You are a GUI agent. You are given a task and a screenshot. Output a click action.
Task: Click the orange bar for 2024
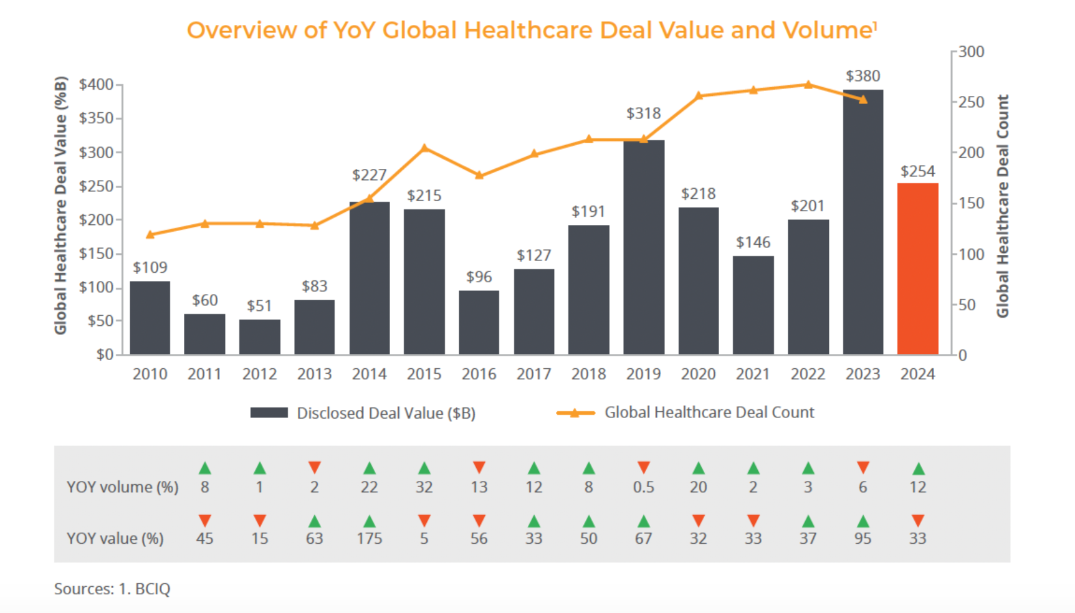pos(917,269)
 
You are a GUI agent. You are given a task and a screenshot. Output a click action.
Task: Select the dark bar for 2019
pos(643,247)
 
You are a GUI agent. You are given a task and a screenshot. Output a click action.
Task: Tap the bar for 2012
pos(259,337)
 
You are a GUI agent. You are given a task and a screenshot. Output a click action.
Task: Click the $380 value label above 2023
pos(862,76)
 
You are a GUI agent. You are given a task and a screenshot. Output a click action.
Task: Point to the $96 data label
pos(479,277)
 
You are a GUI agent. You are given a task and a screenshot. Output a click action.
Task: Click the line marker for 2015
pos(424,148)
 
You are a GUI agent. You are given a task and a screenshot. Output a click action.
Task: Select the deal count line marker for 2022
pos(808,85)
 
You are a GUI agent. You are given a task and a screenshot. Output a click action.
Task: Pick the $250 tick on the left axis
pos(100,186)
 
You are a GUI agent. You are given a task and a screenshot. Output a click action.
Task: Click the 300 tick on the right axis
pos(971,52)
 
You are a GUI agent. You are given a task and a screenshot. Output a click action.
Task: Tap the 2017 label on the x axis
pos(533,374)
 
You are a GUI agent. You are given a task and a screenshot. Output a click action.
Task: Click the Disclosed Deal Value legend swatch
pos(269,412)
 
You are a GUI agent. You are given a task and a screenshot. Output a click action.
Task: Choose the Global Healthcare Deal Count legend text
pos(709,412)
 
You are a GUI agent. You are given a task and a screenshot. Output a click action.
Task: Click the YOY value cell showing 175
pos(369,538)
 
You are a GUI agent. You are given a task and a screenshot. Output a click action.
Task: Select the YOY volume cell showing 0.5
pos(643,487)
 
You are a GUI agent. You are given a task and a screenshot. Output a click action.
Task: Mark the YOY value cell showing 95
pos(862,538)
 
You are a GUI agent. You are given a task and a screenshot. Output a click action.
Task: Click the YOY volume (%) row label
pos(122,487)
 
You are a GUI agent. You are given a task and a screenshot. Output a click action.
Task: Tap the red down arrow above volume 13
pos(479,467)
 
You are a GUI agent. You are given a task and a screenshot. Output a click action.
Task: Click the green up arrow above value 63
pos(314,521)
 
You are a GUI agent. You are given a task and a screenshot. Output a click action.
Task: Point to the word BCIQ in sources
pos(153,589)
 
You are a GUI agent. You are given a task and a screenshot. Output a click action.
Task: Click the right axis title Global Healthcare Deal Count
pos(1002,206)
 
